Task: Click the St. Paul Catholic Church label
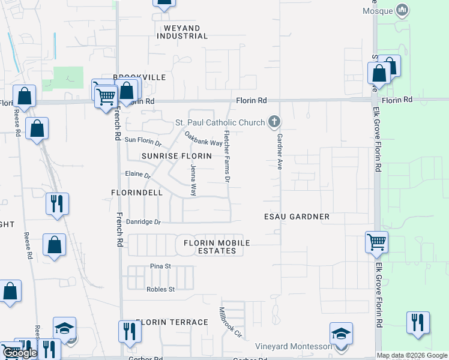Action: pyautogui.click(x=219, y=123)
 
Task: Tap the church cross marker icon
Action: pyautogui.click(x=274, y=123)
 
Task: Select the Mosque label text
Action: pyautogui.click(x=378, y=11)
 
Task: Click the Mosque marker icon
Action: pyautogui.click(x=402, y=11)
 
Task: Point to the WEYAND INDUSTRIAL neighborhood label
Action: pyautogui.click(x=182, y=31)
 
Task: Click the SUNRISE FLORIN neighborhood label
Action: pyautogui.click(x=176, y=156)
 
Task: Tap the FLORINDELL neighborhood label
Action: pyautogui.click(x=137, y=193)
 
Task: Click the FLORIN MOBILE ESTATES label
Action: pyautogui.click(x=217, y=247)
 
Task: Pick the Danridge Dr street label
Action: pyautogui.click(x=144, y=222)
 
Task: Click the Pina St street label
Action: pyautogui.click(x=161, y=266)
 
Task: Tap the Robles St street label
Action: pyautogui.click(x=160, y=289)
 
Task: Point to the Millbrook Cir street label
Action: pyautogui.click(x=231, y=323)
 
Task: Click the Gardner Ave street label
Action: pyautogui.click(x=279, y=151)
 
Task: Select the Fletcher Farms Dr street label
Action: pyautogui.click(x=228, y=157)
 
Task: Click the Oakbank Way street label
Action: pyautogui.click(x=203, y=139)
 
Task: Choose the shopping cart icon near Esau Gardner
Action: pyautogui.click(x=377, y=242)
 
